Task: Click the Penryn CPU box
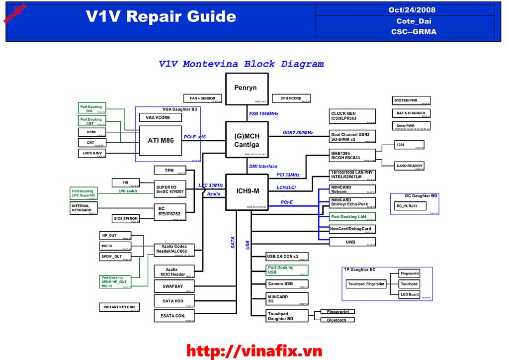click(247, 88)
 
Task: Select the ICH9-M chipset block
click(247, 191)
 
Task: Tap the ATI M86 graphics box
click(161, 140)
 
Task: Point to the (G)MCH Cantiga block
click(247, 140)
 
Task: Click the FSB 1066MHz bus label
click(263, 113)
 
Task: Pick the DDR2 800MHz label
click(298, 133)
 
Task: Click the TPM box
click(170, 171)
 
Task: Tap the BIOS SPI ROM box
click(126, 218)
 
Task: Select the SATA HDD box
click(173, 301)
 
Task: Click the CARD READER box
click(410, 166)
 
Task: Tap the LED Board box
click(410, 294)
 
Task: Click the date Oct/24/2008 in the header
click(412, 10)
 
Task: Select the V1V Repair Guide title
click(161, 17)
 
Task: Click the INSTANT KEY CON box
click(119, 307)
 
